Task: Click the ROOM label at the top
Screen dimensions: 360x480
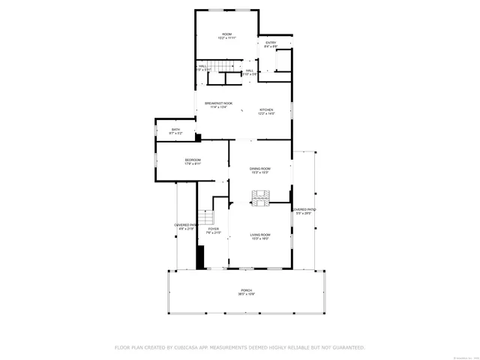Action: pos(226,34)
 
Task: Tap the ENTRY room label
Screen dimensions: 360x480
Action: pos(271,43)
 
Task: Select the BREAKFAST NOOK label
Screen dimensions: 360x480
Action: pos(218,103)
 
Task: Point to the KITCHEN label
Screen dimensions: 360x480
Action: pos(266,109)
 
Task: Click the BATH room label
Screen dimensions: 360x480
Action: pos(175,129)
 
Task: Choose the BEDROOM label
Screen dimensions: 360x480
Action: pos(193,160)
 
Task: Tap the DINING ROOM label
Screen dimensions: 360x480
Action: pos(260,169)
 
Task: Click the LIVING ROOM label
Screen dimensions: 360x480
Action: pos(260,235)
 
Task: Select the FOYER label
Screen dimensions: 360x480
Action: pos(214,229)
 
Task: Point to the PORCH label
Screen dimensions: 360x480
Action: pos(246,290)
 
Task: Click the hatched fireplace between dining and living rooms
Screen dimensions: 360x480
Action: pos(260,198)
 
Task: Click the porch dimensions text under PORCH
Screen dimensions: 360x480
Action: pos(246,295)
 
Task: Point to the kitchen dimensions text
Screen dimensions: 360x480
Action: pos(266,114)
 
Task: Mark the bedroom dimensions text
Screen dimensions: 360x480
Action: pos(193,164)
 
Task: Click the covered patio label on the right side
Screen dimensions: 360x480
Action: pos(304,210)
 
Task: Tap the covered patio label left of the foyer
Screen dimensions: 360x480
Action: pos(184,225)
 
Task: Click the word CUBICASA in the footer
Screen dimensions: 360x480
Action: pos(192,347)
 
